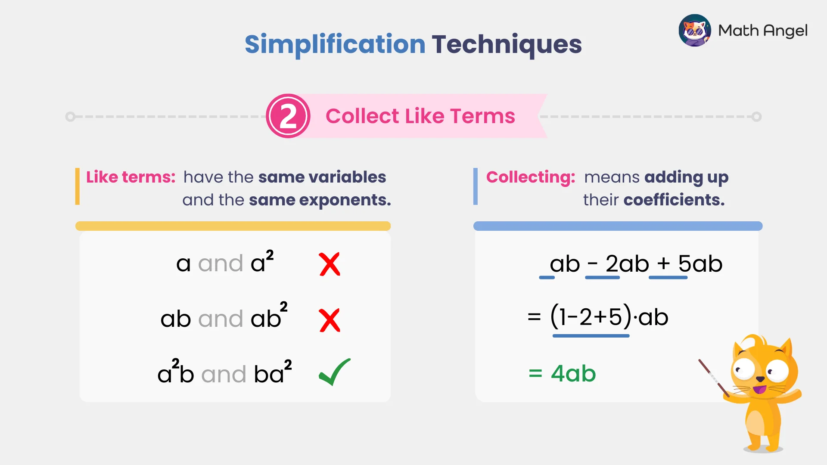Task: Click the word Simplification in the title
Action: tap(335, 44)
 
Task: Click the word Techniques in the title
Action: tap(507, 44)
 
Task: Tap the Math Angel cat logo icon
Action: tap(694, 30)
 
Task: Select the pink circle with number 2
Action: tap(288, 116)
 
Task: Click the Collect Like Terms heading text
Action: tap(420, 116)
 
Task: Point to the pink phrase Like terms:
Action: tap(131, 177)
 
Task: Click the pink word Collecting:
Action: tap(530, 177)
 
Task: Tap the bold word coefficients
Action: tap(674, 200)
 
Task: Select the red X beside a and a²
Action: tap(330, 264)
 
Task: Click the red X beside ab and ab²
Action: tap(330, 320)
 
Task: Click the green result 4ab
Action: tap(573, 373)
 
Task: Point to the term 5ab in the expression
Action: tap(700, 263)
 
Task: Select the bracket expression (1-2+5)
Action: tap(591, 317)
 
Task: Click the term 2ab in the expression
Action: tap(627, 263)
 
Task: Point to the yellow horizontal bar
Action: tap(233, 226)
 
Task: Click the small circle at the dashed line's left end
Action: tap(70, 117)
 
